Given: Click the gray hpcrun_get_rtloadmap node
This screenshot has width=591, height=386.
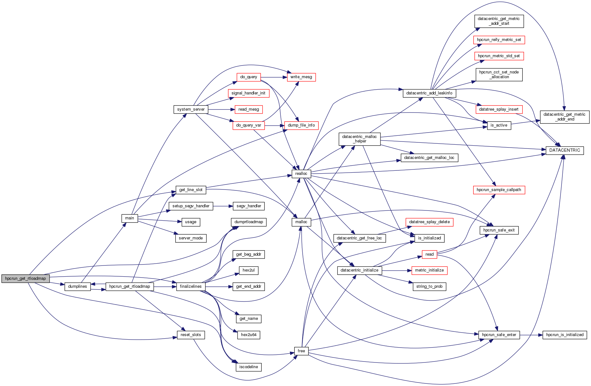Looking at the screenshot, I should coord(25,279).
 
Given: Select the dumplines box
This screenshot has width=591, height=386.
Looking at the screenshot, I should coord(77,286).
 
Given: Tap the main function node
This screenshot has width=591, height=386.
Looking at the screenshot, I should coord(130,218).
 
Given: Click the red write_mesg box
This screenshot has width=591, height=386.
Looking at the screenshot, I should coord(301,77).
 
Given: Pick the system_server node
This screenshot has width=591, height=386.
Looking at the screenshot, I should coord(191,109).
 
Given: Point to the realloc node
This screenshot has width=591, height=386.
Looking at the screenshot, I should coord(301,174).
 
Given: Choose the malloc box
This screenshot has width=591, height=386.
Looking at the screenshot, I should coord(301,222).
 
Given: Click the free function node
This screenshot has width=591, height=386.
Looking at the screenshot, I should coord(301,351).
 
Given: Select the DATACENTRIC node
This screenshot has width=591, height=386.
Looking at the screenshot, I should coord(564,150).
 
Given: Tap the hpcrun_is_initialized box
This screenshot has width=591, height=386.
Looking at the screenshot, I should coord(565,335).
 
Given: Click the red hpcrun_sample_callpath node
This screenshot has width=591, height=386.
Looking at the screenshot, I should coord(499,190).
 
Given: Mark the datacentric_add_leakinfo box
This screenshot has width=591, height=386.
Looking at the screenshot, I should coord(429,93).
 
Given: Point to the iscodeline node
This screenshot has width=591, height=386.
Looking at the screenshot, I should coord(248,367).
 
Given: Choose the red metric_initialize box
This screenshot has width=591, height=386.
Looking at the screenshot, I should coord(429,270).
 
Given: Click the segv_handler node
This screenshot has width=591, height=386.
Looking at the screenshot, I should coord(248,206).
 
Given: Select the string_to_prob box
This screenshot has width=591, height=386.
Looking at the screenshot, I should coord(429,286).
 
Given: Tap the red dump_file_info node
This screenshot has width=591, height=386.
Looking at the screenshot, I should coord(301,125).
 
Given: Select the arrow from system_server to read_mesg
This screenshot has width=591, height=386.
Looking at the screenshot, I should coord(221,109).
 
